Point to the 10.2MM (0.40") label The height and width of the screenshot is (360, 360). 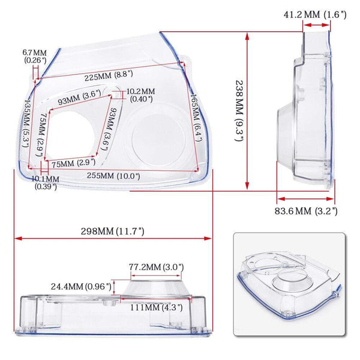pyautogui.click(x=141, y=95)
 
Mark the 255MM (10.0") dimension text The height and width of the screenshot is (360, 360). pyautogui.click(x=115, y=176)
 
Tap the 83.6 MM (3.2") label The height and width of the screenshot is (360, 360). pyautogui.click(x=307, y=211)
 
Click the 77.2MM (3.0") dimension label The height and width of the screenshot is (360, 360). pyautogui.click(x=156, y=266)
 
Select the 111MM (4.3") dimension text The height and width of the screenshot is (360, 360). pyautogui.click(x=152, y=307)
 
